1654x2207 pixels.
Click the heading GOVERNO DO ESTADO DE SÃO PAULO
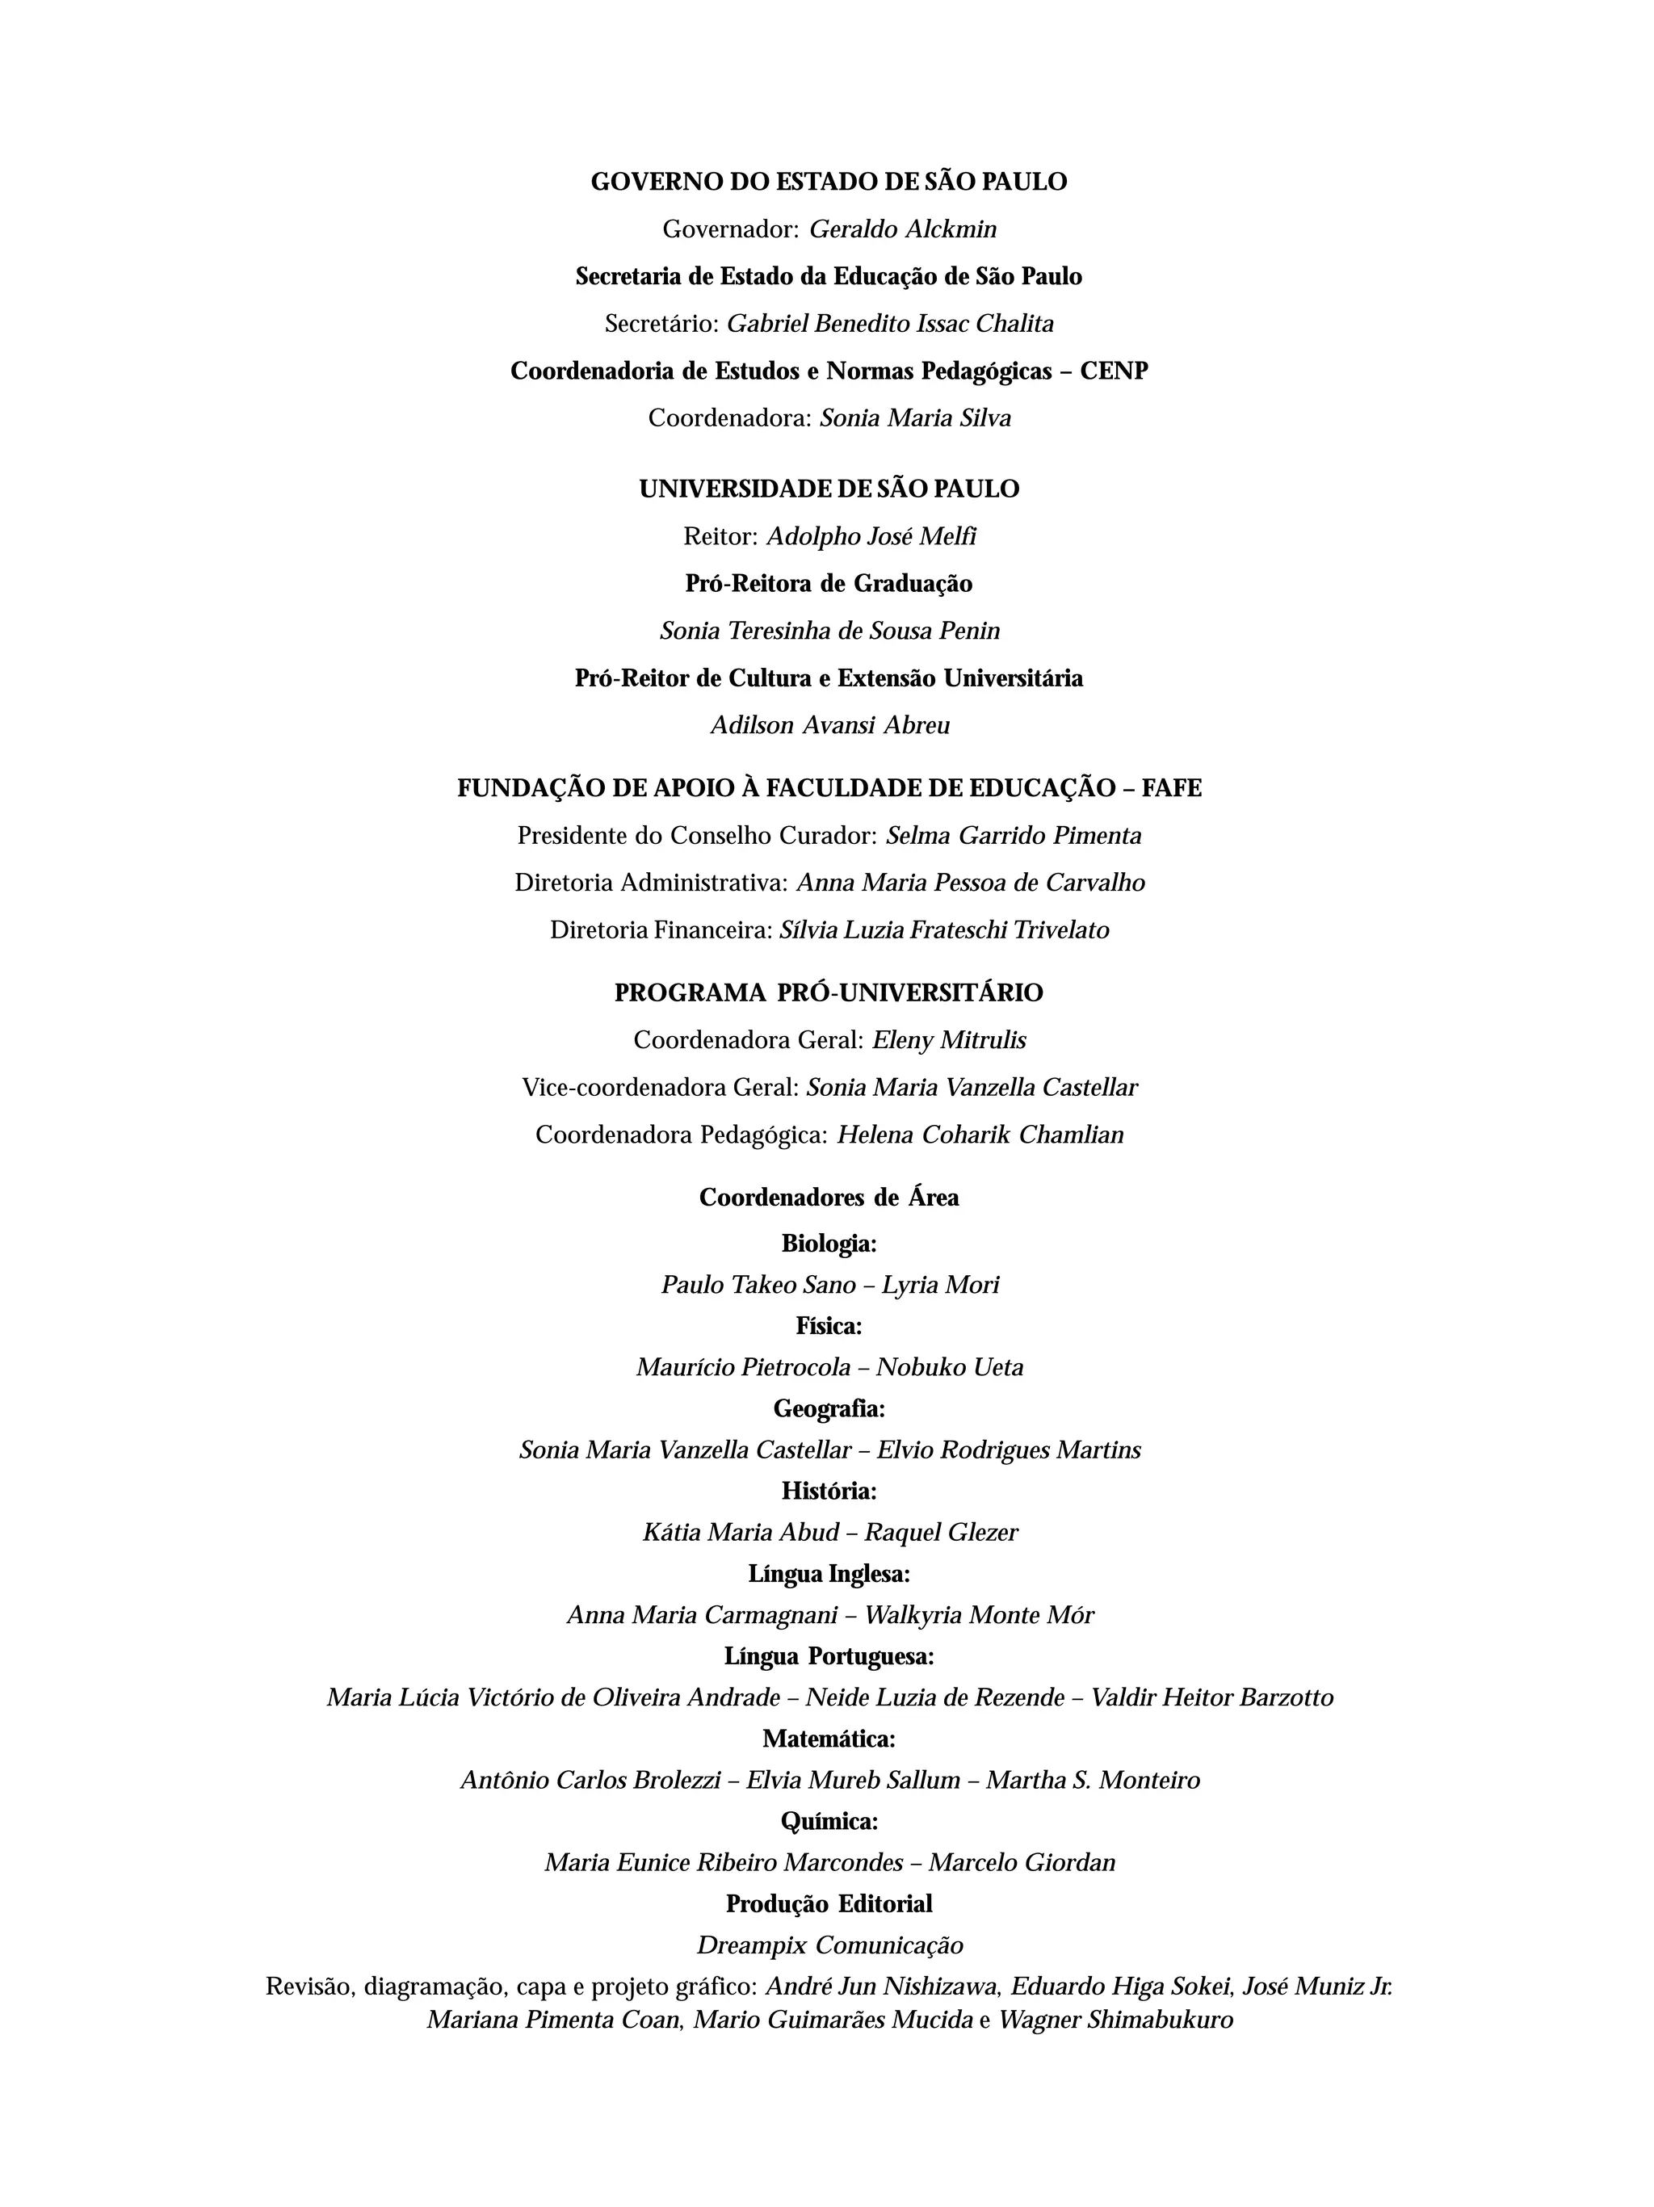pos(828,183)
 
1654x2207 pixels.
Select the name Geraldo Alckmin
pos(902,229)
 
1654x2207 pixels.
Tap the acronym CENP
pos(1114,371)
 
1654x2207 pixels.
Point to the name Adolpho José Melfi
pos(871,537)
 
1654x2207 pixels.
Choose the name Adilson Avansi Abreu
pos(830,725)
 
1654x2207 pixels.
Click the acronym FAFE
pos(1171,788)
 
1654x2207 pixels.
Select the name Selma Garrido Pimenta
pos(1014,835)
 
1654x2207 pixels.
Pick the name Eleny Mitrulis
pos(949,1041)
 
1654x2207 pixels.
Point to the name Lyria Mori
pos(940,1285)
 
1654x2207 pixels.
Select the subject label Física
pos(828,1326)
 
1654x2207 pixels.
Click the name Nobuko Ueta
pos(949,1368)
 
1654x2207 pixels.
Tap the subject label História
pos(828,1491)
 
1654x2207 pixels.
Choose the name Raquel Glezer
pos(941,1533)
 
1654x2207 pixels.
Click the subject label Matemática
pos(828,1739)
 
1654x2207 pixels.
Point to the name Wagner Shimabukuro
pos(1115,2020)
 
